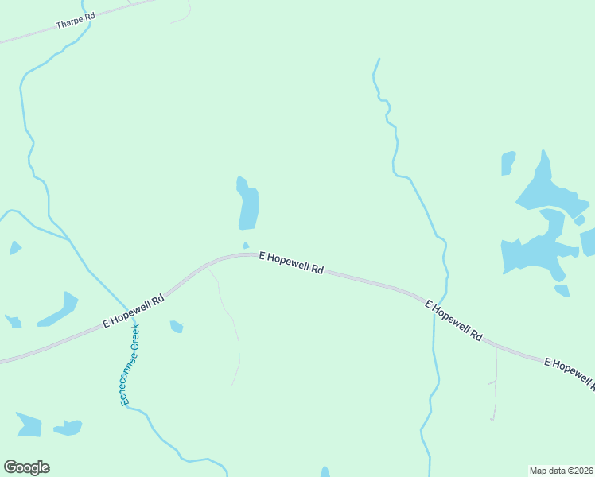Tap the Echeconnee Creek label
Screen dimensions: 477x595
coord(130,365)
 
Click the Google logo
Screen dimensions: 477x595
coord(26,467)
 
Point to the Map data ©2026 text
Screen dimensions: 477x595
coord(561,471)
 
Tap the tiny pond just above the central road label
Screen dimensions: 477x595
coord(246,245)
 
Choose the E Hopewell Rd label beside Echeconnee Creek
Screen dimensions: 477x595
coord(134,311)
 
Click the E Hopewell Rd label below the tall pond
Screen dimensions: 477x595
coord(292,262)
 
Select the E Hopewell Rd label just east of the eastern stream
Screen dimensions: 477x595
coord(453,320)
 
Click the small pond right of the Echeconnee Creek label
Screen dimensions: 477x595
coord(177,326)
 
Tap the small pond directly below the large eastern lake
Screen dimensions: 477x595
coord(562,290)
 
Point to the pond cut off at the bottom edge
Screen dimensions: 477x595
coord(325,472)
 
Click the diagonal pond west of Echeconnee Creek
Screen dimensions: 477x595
coord(59,310)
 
